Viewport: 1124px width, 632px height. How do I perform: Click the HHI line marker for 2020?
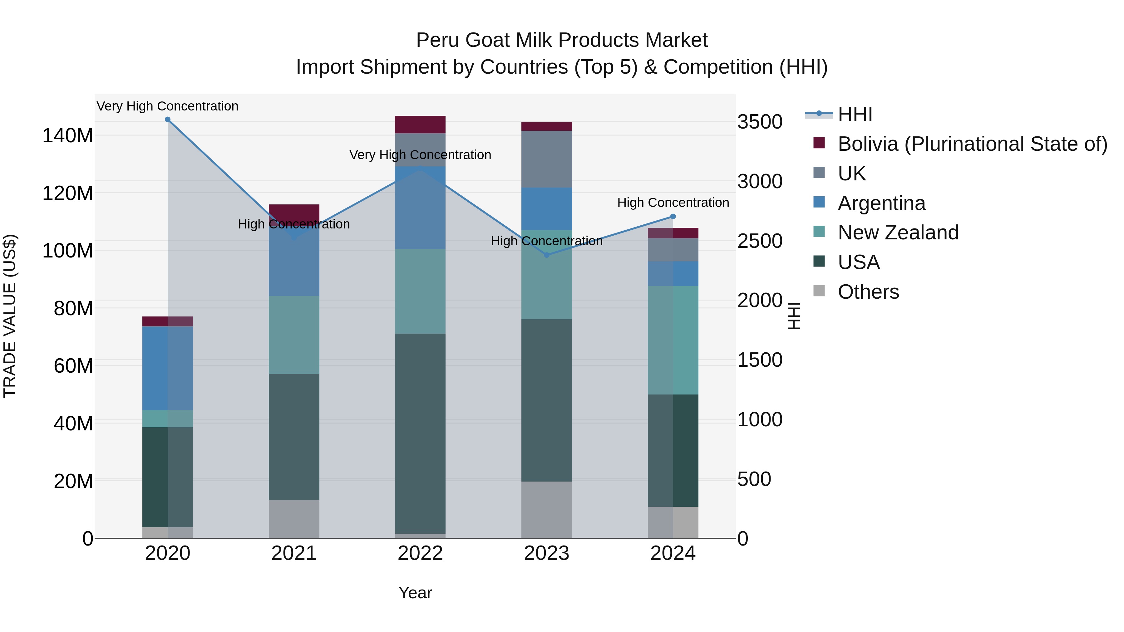coord(168,120)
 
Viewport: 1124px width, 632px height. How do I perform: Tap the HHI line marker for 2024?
coord(673,216)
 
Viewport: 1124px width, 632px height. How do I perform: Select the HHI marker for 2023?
coord(547,255)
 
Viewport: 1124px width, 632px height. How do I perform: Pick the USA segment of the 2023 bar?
coord(547,400)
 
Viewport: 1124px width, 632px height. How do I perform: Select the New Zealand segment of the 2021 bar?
coord(294,335)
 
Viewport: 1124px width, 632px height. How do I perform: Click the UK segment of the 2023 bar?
coord(547,159)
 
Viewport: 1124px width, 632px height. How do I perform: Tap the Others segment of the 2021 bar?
coord(294,519)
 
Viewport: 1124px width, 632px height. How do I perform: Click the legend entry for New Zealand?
coord(898,233)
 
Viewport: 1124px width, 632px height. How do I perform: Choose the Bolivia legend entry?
coord(972,144)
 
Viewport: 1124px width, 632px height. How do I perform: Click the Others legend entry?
coord(868,292)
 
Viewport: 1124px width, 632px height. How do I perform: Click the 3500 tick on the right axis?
coord(760,122)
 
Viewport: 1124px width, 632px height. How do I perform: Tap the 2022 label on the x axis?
coord(420,553)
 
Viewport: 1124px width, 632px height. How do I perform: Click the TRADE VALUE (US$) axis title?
coord(10,316)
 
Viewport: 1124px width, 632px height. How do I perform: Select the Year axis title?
coord(415,593)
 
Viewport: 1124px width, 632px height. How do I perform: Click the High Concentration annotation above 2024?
coord(673,203)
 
